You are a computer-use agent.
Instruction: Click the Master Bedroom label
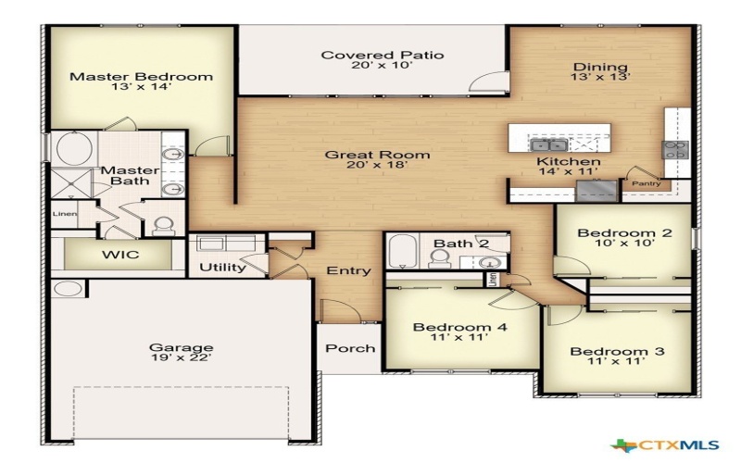(142, 77)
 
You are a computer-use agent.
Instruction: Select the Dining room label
(600, 67)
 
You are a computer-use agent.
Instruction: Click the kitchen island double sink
(547, 144)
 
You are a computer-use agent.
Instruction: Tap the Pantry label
(646, 183)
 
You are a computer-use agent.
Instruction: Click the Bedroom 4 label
(459, 328)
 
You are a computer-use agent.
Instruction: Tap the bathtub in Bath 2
(403, 252)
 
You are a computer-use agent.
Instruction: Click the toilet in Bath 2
(440, 258)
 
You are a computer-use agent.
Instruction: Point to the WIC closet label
(121, 254)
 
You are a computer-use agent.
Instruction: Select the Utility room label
(223, 268)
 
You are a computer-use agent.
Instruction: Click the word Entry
(348, 271)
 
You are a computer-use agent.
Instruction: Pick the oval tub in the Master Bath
(72, 148)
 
